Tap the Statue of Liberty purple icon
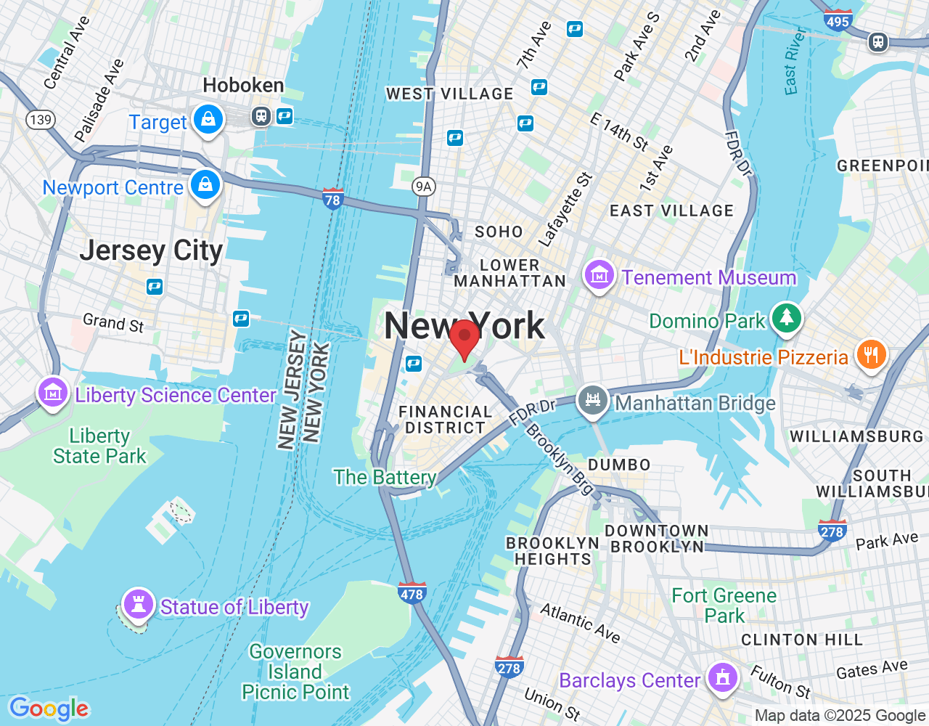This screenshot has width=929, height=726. (138, 603)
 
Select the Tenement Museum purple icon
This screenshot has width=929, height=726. (599, 276)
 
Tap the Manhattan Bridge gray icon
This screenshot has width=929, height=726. (592, 400)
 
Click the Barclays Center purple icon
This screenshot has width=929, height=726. (722, 678)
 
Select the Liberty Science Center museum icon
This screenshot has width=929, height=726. (52, 393)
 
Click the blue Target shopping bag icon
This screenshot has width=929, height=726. (208, 119)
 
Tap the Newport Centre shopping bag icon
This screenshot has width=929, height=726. (205, 184)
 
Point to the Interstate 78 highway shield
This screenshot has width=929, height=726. (332, 198)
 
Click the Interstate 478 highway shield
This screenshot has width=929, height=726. (412, 593)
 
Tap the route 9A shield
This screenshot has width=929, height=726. (423, 187)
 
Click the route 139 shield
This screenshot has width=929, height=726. (41, 119)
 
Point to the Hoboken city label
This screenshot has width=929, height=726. (243, 86)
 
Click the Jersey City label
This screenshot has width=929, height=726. (151, 250)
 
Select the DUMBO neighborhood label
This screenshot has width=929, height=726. (619, 465)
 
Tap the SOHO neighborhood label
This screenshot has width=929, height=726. (499, 232)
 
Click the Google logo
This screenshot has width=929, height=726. (49, 709)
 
